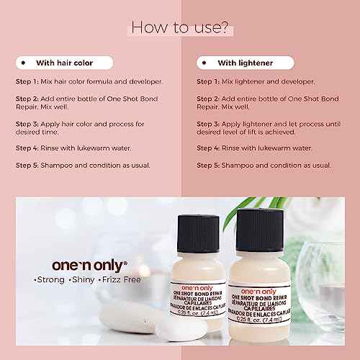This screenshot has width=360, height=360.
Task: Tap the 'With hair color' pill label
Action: pos(64,63)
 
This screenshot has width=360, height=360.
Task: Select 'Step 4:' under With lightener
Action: pos(210,148)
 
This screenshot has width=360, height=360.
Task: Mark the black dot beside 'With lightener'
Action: pos(205,63)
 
